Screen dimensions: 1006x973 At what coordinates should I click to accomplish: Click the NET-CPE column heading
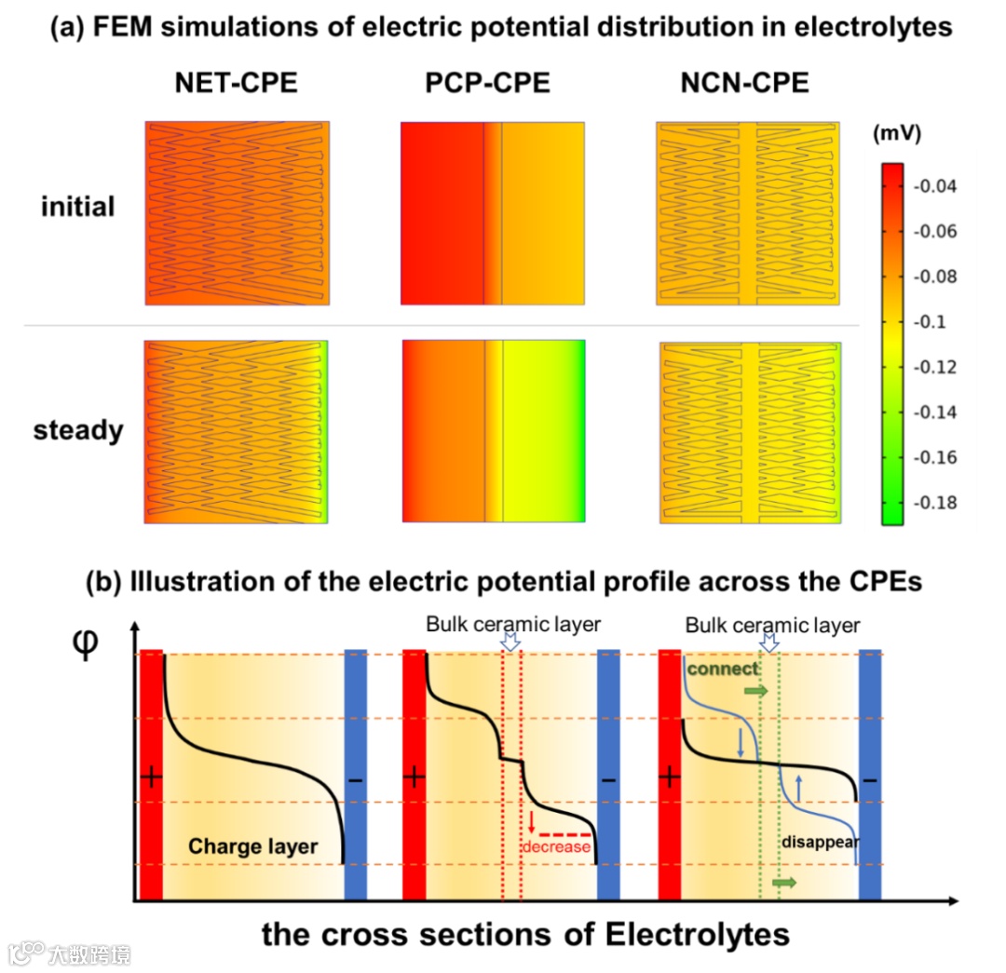coord(236,84)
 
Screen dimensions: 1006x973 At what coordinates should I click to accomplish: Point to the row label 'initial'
coord(77,206)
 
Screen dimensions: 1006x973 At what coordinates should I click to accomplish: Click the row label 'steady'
coord(78,431)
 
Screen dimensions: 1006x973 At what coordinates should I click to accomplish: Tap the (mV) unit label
coord(896,134)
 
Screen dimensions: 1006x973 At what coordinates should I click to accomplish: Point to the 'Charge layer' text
coord(252,846)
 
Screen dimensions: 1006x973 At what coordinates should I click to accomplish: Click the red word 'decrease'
coord(556,846)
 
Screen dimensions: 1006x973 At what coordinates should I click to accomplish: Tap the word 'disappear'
coord(820,841)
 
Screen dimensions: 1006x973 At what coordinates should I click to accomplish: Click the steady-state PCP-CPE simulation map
coord(494,431)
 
